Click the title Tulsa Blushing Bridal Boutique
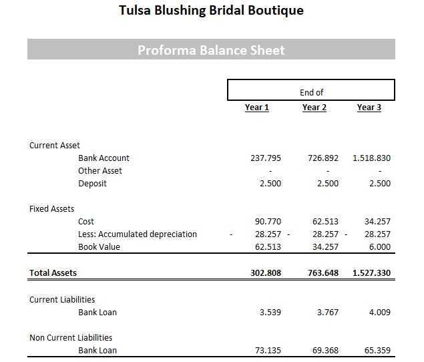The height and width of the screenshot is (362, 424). coord(210,11)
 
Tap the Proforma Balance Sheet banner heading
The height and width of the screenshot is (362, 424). coord(211,50)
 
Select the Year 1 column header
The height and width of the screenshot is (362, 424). coord(257,108)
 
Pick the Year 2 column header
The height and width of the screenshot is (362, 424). coord(314,108)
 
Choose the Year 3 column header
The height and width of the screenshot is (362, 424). coord(369,108)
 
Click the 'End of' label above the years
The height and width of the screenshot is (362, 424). coord(311,93)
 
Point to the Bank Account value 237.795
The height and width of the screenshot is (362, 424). coord(266,158)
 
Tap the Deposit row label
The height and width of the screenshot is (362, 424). coord(92,184)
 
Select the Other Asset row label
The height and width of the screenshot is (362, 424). coord(100,171)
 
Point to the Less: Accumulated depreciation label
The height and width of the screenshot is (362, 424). coord(138,234)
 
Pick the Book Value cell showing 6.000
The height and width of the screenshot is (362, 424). coord(379,247)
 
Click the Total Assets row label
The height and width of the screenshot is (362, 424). coord(53,273)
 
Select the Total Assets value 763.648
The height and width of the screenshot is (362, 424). coord(323,273)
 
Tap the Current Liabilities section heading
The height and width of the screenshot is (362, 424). coord(62,300)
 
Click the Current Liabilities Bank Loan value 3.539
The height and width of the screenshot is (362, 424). coord(270,312)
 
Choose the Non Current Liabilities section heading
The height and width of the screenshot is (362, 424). coord(71,338)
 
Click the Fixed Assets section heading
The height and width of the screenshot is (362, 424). coord(52,209)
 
